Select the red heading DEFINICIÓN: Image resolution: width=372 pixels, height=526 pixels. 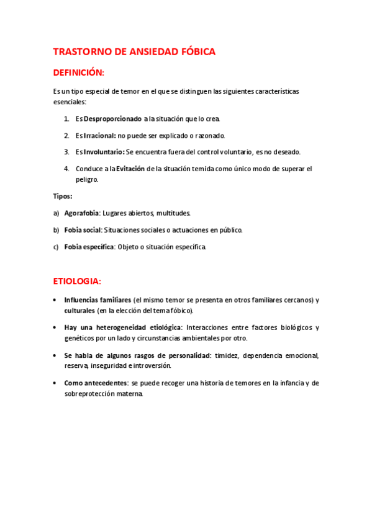click(79, 73)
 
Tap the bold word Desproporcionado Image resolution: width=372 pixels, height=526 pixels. click(112, 118)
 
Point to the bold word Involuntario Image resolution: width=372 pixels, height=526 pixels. click(104, 151)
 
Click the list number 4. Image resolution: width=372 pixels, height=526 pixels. click(66, 168)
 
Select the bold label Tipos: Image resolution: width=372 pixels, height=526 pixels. click(63, 196)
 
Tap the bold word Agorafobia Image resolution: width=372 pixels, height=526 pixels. click(81, 213)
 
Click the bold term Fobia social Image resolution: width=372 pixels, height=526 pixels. click(83, 230)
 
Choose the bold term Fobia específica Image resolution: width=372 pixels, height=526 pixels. click(89, 246)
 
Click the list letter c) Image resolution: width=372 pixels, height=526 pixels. click(57, 246)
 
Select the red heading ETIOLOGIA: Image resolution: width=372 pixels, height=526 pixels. click(77, 281)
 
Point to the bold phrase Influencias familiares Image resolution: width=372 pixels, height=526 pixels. click(98, 300)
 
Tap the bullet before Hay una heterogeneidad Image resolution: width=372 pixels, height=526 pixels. click(56, 328)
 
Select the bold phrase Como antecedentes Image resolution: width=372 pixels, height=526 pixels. click(93, 383)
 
